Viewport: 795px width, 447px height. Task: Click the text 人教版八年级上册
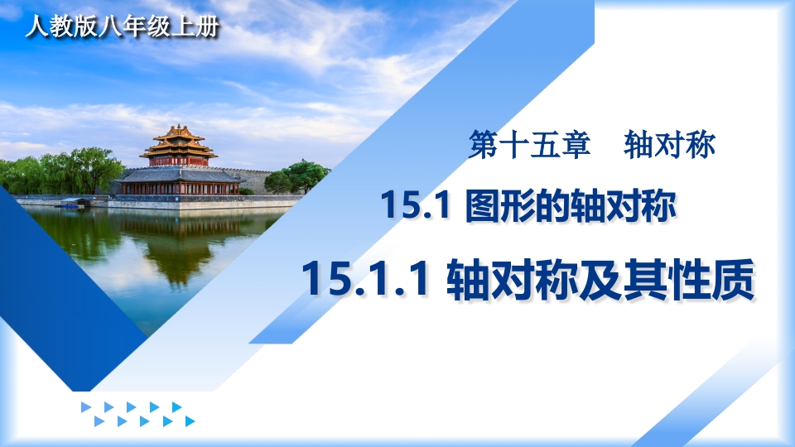[x=123, y=26]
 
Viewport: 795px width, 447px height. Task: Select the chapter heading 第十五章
[x=529, y=144]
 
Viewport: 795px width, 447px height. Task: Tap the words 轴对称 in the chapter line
[x=669, y=144]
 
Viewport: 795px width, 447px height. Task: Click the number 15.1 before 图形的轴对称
[x=416, y=205]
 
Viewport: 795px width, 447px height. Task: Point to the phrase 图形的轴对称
[x=571, y=205]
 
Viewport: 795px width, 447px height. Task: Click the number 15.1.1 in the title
[x=365, y=279]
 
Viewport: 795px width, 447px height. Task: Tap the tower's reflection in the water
[x=177, y=248]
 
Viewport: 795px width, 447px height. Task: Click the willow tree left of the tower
[x=81, y=171]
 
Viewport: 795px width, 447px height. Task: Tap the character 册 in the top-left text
[x=207, y=26]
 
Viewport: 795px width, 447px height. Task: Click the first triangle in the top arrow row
[x=86, y=407]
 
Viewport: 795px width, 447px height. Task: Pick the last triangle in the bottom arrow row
[x=190, y=421]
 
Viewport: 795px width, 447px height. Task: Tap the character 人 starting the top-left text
[x=37, y=26]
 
